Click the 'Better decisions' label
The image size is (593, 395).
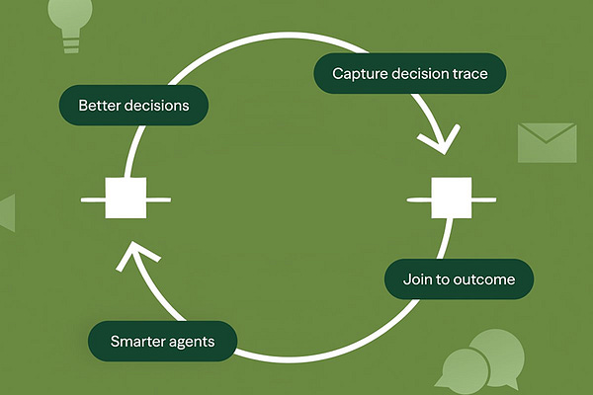133,105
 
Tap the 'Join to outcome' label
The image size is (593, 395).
459,279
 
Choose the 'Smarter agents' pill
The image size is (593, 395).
162,343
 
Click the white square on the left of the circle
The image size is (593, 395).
126,197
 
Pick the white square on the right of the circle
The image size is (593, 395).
452,197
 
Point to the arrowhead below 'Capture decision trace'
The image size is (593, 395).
437,141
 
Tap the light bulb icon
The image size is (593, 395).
70,24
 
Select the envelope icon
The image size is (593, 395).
547,142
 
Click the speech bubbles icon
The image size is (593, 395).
481,360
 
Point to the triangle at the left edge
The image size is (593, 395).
7,212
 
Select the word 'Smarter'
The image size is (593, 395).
140,343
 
